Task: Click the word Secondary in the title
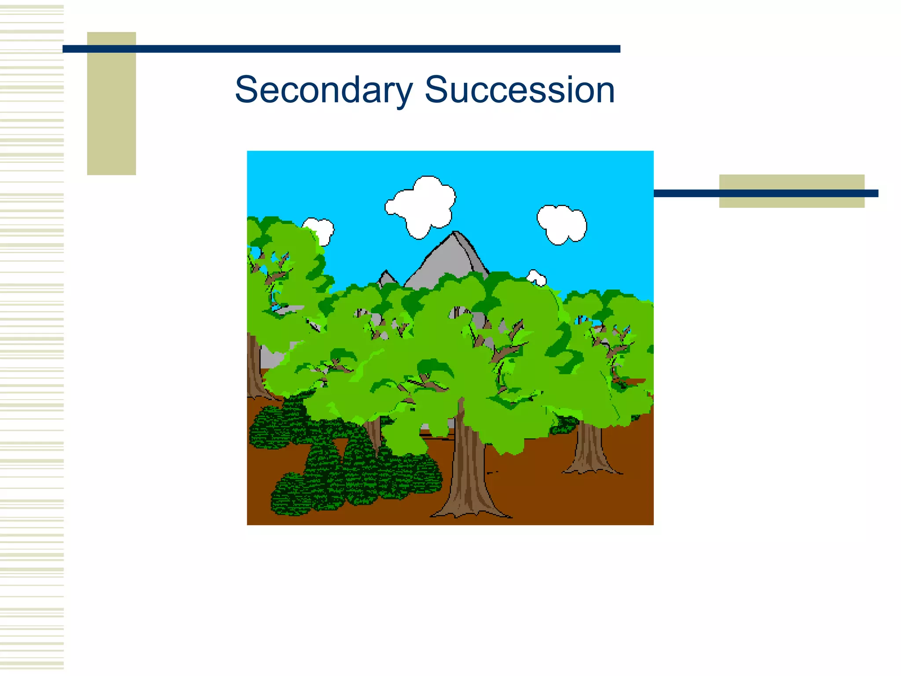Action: point(323,90)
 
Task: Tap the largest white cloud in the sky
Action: point(422,206)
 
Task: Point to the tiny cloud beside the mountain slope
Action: point(537,278)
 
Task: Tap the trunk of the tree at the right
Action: point(590,449)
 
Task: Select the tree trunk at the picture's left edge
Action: point(253,370)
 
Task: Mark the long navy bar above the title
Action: point(341,49)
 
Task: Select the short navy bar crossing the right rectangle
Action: point(765,193)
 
